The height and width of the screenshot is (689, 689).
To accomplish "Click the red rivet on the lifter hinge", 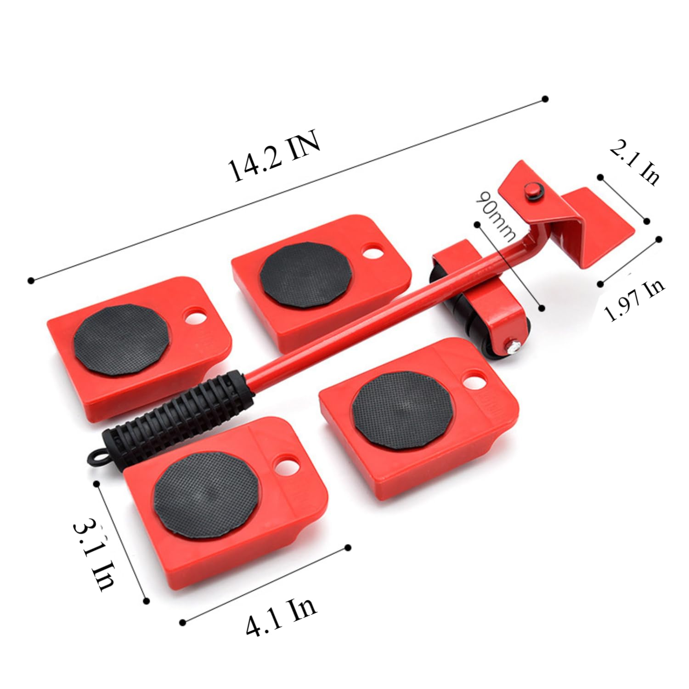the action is tap(533, 190).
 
